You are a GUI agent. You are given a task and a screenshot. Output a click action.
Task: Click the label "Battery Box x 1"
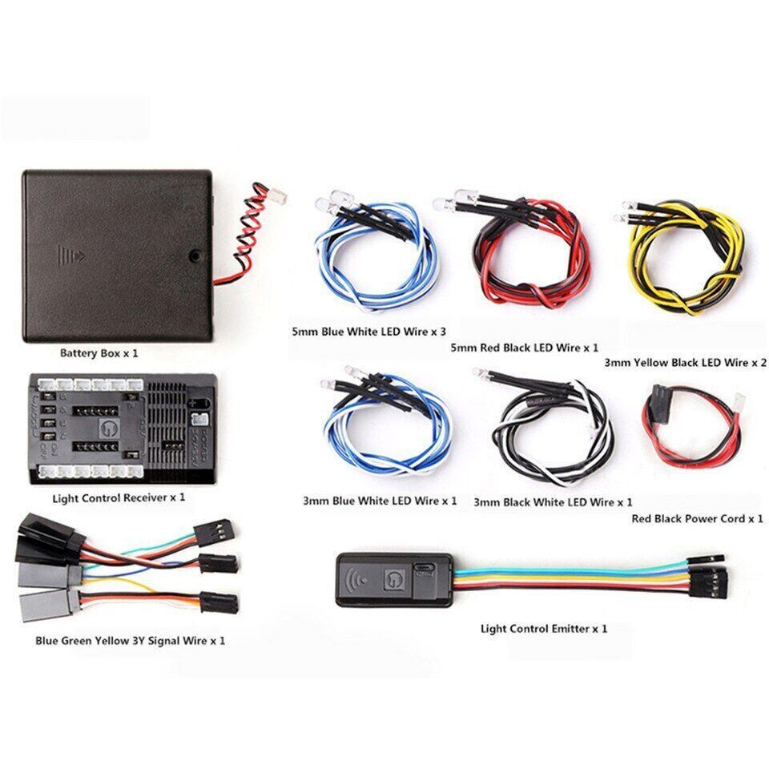coord(104,352)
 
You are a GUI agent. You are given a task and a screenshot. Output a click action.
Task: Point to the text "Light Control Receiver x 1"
coord(119,497)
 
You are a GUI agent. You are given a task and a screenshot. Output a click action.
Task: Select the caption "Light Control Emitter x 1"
coord(543,628)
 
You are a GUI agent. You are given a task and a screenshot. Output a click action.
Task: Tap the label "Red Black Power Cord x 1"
coord(697,519)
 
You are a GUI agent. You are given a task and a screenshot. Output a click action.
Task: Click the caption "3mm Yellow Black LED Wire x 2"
coord(685,362)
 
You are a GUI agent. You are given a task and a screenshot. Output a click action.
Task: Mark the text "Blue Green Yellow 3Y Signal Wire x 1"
coord(130,641)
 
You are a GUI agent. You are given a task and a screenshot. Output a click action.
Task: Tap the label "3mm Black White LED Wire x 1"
coord(553,502)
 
